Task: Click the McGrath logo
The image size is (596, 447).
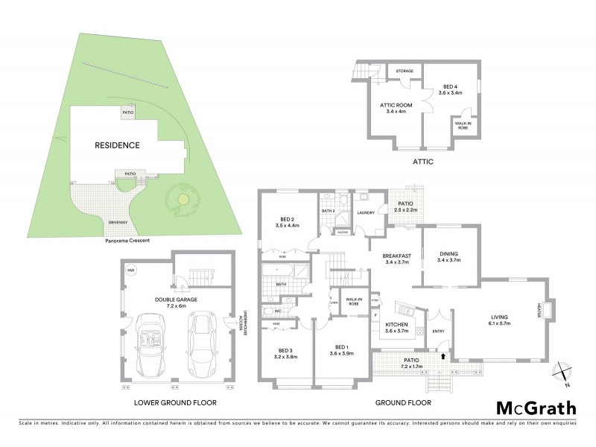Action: coord(536,408)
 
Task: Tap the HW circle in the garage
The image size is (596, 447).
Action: coord(131,270)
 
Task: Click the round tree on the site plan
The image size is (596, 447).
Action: coord(183,199)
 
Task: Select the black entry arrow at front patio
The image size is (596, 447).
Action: coord(445,357)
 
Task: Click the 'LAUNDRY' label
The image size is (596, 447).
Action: coord(366,213)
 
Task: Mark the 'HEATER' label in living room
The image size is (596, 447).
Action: coord(537,308)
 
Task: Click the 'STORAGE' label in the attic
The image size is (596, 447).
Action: coord(405,72)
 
